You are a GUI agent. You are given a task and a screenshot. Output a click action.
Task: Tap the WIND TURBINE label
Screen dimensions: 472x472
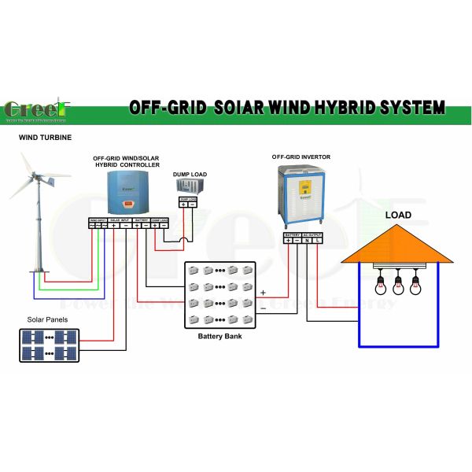45,138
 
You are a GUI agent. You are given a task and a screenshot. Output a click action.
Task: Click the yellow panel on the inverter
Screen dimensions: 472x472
302,186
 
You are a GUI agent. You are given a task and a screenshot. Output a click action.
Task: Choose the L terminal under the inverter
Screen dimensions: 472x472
317,240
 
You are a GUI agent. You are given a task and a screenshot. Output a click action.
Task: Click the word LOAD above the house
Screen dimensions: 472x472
398,215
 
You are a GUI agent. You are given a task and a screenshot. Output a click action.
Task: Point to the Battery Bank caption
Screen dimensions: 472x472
220,337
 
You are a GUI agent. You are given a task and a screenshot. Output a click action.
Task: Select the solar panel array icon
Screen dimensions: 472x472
50,344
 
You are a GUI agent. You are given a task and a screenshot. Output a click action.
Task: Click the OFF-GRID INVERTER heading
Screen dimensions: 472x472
302,157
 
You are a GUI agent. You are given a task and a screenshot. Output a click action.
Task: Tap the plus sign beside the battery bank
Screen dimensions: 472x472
263,293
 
